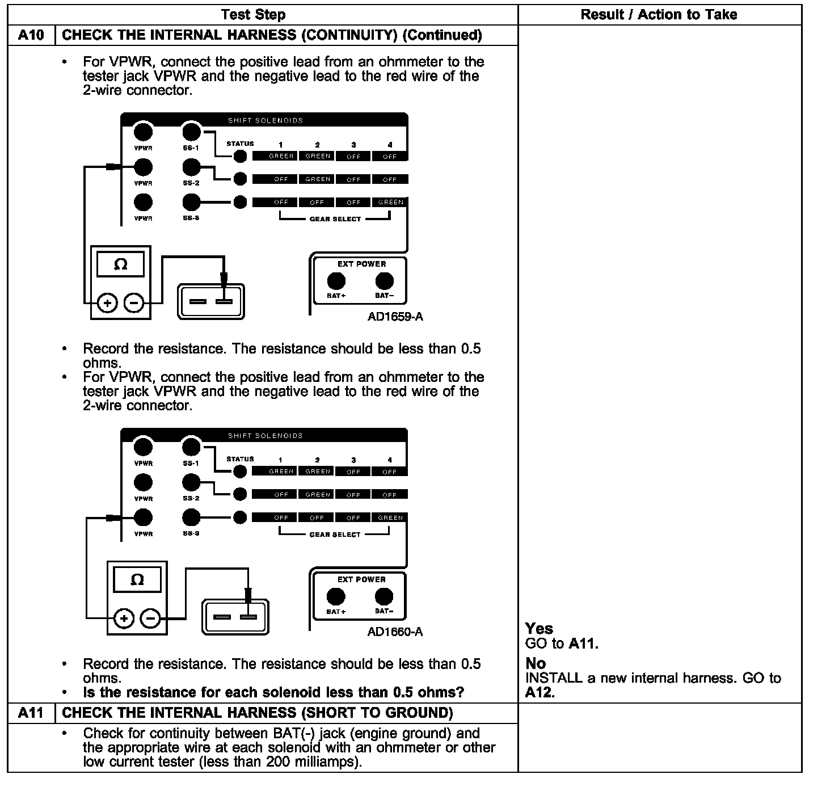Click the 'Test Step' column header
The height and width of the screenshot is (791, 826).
[253, 15]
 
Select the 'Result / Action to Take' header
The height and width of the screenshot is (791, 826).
[659, 15]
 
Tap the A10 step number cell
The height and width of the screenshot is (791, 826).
[31, 35]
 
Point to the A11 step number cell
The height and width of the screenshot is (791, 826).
[31, 713]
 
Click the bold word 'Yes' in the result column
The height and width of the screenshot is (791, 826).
[539, 628]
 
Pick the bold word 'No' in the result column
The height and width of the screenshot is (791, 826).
[536, 663]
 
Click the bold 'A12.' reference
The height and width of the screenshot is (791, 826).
[540, 692]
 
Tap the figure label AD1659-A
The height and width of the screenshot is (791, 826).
[395, 317]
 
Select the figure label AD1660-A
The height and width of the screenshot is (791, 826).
[395, 632]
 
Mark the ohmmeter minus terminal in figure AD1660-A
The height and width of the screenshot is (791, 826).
[150, 619]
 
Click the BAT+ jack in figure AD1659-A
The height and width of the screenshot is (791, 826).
[336, 281]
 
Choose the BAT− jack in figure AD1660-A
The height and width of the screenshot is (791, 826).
[384, 596]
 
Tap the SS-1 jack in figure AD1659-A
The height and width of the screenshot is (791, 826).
[192, 132]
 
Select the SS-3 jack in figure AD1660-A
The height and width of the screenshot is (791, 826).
[191, 517]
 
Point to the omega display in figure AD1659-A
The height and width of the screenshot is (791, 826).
[120, 264]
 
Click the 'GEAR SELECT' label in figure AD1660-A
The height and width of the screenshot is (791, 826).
[335, 535]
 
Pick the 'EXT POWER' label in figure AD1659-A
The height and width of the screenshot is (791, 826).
[361, 264]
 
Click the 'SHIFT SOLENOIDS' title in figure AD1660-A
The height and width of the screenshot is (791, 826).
[265, 436]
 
